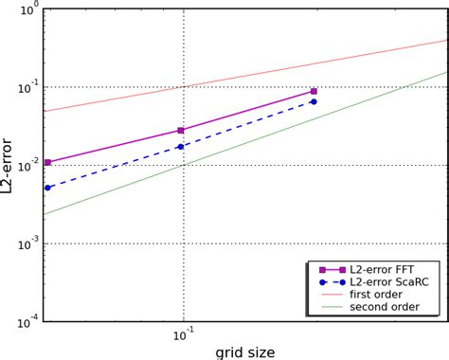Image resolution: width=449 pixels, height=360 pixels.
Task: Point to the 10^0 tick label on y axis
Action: click(28, 9)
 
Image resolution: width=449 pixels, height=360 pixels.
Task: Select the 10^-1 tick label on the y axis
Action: click(28, 87)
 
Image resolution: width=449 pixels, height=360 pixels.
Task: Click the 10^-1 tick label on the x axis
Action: click(184, 337)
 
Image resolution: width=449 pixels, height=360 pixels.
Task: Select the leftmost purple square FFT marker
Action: click(47, 163)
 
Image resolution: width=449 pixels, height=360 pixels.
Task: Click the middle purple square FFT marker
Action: click(181, 131)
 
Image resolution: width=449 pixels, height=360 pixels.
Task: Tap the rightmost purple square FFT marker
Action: click(314, 92)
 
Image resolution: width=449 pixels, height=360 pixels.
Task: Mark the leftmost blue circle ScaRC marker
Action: click(47, 188)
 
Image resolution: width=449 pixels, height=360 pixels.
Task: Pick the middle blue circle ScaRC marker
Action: click(181, 146)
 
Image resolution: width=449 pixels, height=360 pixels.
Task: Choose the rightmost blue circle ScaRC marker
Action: click(314, 101)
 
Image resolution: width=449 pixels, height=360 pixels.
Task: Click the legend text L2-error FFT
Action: click(386, 270)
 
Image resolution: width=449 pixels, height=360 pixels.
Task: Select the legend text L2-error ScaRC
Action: click(391, 282)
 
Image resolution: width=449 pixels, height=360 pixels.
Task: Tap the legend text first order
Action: click(378, 295)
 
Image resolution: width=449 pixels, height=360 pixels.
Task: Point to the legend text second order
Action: click(384, 307)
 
